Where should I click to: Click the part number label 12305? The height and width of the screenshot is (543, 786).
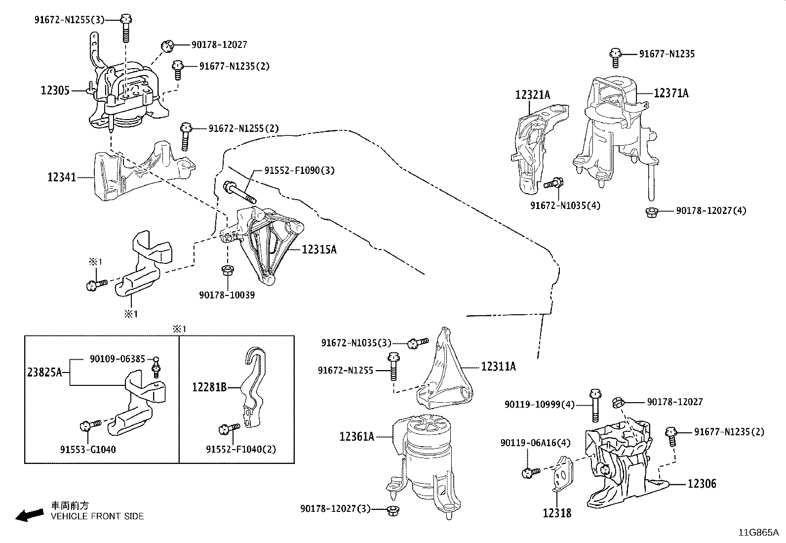pos(55,90)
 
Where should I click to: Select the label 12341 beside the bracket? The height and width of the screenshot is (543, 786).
pos(62,176)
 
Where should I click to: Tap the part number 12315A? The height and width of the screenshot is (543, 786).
pos(319,250)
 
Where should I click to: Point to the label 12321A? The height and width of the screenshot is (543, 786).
pos(532,94)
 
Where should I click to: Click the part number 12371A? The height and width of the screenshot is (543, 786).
pos(671,93)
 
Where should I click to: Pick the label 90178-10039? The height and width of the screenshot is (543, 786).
pos(227,295)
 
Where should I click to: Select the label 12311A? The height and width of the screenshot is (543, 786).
pos(498,366)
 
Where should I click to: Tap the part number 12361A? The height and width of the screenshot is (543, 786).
pos(356,436)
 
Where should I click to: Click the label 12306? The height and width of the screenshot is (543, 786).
pos(702,484)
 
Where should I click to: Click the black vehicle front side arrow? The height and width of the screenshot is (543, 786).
pos(29,515)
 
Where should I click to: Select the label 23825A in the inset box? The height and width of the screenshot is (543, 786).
pos(44,372)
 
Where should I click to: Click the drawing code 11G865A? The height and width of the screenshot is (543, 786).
pos(758,533)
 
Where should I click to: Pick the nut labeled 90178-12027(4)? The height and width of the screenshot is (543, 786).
pos(651,212)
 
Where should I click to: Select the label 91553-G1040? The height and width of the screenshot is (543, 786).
pos(88,449)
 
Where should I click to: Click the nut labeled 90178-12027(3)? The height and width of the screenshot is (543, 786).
pos(393,509)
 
